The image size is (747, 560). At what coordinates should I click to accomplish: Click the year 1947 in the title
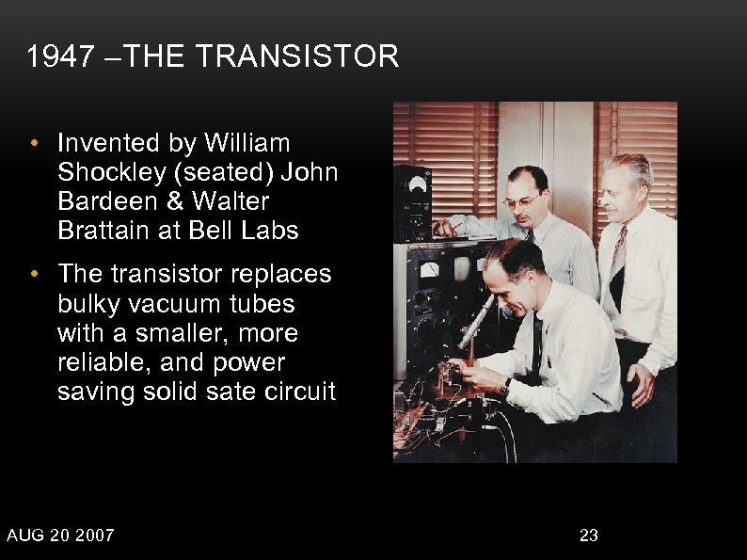(x=61, y=58)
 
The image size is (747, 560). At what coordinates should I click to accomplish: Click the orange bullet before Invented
(x=33, y=144)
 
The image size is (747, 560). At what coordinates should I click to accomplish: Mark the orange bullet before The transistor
(x=33, y=275)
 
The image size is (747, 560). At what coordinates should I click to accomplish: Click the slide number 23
(x=589, y=536)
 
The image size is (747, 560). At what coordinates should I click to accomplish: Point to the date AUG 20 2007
(x=61, y=536)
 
